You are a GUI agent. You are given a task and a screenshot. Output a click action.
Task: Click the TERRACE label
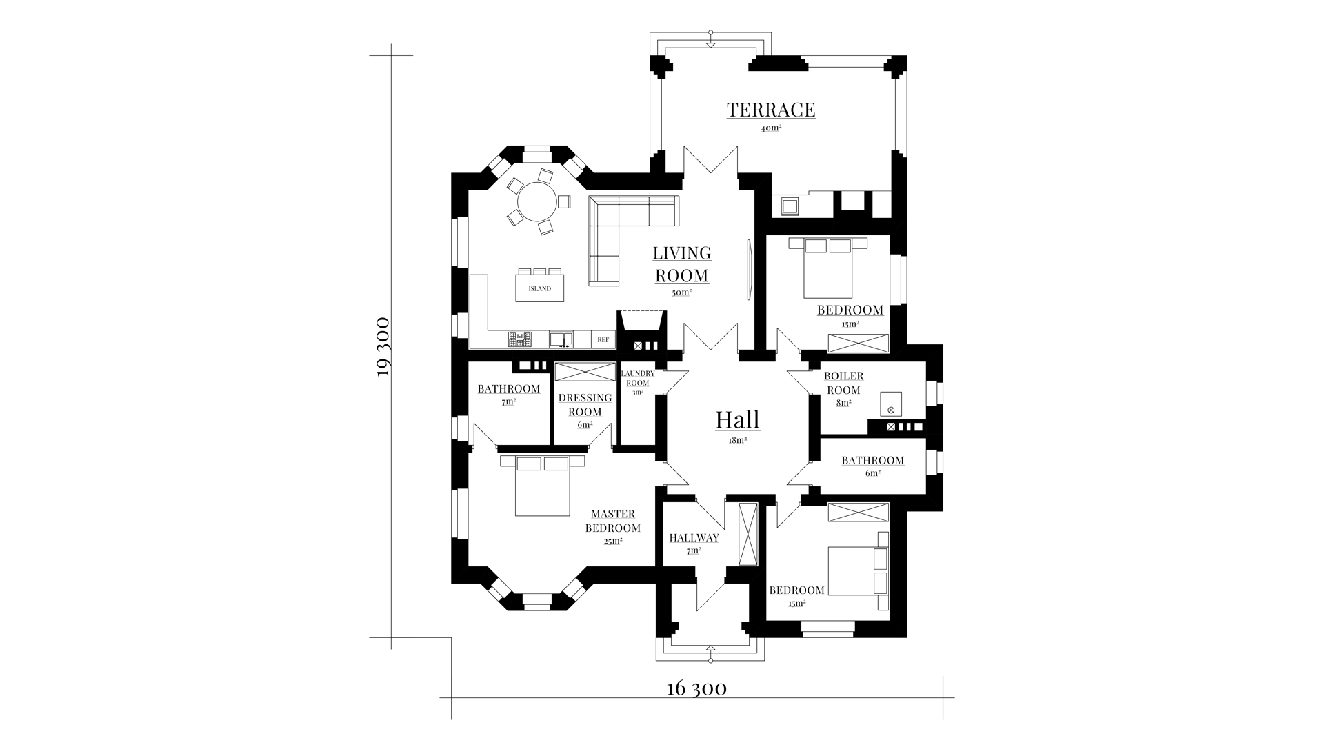(771, 110)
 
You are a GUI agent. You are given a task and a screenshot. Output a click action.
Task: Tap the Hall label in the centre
(738, 419)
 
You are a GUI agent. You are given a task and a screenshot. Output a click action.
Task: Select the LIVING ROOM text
(682, 264)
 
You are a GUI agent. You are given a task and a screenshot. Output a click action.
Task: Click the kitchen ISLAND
(540, 288)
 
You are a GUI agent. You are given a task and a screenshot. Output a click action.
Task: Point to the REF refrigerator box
(603, 339)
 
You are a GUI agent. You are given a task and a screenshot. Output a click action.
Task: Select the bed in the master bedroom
(543, 485)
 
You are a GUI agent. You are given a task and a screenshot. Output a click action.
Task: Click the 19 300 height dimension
(384, 346)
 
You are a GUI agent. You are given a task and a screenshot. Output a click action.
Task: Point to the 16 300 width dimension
(696, 688)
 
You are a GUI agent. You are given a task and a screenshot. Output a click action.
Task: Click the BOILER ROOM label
(844, 383)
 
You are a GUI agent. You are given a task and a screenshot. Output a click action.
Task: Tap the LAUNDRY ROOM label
(638, 378)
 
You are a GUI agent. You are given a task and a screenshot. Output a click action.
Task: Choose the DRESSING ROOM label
(585, 405)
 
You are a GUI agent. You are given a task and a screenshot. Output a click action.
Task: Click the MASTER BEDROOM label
(613, 521)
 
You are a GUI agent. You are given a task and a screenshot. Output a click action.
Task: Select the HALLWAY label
(694, 538)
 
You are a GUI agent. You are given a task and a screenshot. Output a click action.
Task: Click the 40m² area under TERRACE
(771, 128)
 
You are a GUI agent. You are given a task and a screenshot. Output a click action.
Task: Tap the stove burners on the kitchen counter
(520, 339)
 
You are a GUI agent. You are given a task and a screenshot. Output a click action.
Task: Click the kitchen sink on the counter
(561, 339)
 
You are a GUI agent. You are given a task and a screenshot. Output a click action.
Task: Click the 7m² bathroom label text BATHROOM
(509, 389)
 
